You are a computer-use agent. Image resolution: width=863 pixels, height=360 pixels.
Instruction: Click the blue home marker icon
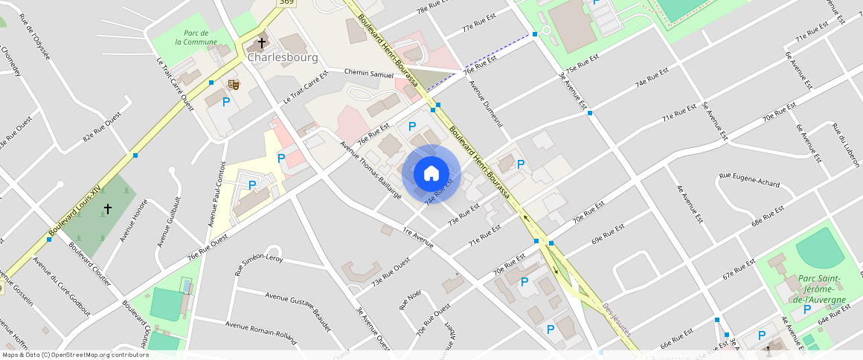(x=431, y=173)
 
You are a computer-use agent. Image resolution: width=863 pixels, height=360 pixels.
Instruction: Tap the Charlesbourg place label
(x=283, y=57)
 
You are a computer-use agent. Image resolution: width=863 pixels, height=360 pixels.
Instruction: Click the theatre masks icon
(x=234, y=85)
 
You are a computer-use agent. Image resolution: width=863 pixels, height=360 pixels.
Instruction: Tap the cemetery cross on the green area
(x=107, y=209)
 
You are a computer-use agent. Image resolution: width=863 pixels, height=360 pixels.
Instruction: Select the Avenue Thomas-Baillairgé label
(x=370, y=170)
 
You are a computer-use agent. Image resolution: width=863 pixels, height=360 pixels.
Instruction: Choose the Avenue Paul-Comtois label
(x=216, y=193)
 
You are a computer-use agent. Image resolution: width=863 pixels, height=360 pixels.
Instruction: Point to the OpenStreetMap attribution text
(x=75, y=355)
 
